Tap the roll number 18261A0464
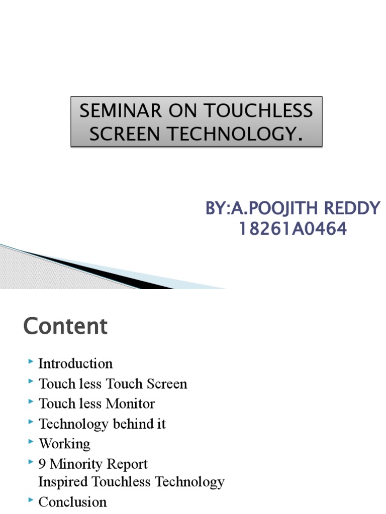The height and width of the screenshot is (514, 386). (x=293, y=229)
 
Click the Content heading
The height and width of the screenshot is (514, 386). (x=65, y=326)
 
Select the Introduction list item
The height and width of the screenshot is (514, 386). (x=75, y=363)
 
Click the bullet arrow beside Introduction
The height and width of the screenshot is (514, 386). (x=32, y=361)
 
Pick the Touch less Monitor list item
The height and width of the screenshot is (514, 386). (x=97, y=404)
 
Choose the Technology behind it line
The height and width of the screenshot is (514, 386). (x=102, y=424)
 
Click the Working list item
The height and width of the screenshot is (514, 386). (x=64, y=444)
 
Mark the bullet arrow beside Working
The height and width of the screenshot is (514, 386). (x=32, y=442)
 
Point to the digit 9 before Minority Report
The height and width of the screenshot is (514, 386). (x=42, y=464)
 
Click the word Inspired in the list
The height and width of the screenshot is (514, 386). (x=63, y=482)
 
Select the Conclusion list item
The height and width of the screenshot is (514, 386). (x=72, y=502)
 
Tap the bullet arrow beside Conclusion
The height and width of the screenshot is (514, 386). (x=32, y=500)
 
